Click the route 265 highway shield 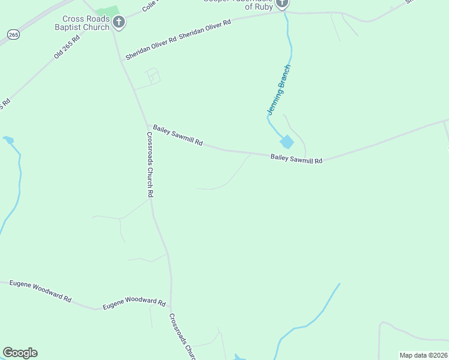13,35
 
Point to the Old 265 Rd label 67,46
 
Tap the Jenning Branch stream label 279,90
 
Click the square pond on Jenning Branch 287,142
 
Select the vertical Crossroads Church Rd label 150,164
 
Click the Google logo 20,353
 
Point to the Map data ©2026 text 423,355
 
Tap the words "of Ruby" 259,7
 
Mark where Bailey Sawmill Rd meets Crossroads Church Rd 148,126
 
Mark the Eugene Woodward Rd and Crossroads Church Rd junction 170,307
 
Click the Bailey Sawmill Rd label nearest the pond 297,159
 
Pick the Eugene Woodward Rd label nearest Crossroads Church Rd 133,303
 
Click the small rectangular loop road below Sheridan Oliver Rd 153,76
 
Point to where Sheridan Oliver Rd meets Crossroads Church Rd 122,60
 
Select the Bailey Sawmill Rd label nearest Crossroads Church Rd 178,136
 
